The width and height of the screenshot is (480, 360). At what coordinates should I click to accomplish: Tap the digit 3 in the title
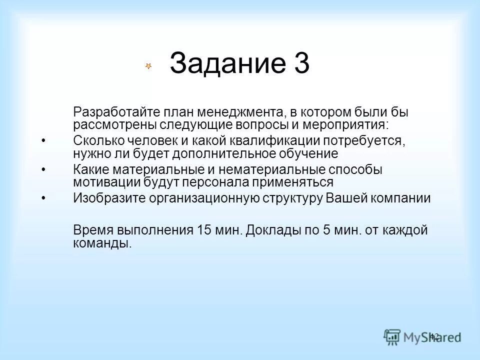(299, 64)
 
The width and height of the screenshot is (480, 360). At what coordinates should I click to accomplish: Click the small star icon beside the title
(148, 66)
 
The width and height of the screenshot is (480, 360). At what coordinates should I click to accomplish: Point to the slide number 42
(434, 336)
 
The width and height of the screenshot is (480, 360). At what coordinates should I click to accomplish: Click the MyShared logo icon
(392, 336)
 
